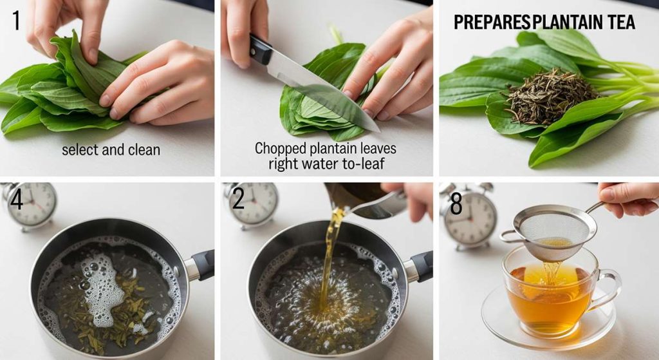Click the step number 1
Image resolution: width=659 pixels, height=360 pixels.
(x=16, y=21)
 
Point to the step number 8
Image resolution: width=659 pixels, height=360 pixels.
(x=456, y=204)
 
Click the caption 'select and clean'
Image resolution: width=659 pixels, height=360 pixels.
(x=111, y=149)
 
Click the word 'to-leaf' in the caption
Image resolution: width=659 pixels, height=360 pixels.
(x=364, y=163)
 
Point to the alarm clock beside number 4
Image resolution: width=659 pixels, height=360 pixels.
(x=30, y=205)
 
